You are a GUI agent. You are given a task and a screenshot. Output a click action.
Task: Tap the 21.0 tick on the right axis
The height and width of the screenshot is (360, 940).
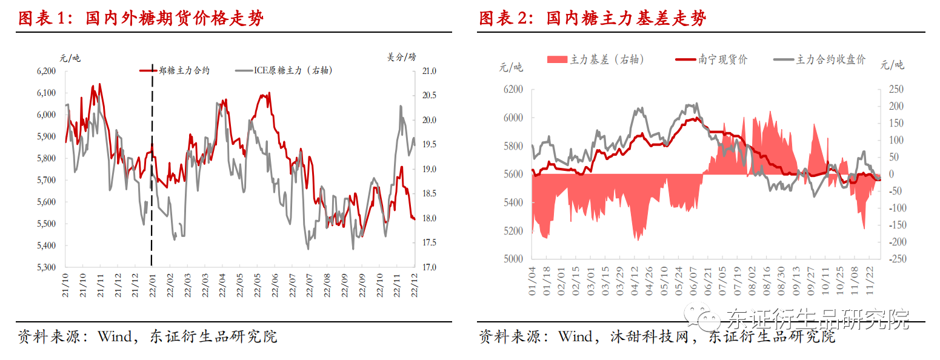tap(428, 71)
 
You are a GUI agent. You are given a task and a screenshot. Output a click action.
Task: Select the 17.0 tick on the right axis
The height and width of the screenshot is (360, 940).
tap(428, 267)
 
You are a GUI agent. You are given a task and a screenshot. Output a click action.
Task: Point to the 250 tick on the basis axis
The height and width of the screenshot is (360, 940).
tap(895, 90)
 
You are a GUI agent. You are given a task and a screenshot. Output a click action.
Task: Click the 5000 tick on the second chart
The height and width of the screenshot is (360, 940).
tap(512, 259)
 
